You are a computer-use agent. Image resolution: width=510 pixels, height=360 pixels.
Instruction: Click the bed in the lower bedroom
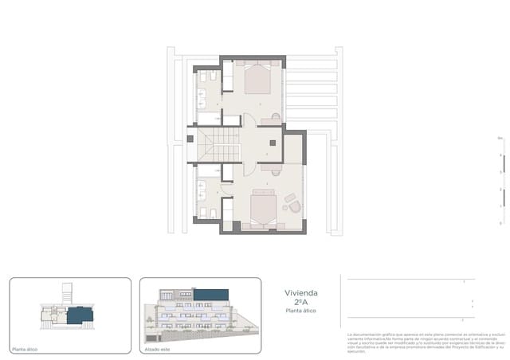tap(263, 210)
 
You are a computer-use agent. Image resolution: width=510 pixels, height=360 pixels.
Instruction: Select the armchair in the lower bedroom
tap(294, 205)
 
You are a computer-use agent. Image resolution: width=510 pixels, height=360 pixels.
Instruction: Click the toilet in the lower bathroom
tap(204, 212)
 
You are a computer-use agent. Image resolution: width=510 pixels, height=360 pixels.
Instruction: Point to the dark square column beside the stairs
tap(190, 139)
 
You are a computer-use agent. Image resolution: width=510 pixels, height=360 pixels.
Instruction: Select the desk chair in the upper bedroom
tap(276, 117)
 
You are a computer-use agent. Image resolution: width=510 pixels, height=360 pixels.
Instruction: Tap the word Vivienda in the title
tap(300, 292)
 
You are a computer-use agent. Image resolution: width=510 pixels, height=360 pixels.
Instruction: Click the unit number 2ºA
tap(300, 302)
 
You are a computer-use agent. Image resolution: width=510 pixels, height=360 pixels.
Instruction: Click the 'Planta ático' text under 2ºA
tap(300, 311)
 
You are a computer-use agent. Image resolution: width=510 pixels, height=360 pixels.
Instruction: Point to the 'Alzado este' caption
tap(156, 349)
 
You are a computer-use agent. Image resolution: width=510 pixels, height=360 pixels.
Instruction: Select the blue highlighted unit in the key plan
tap(79, 315)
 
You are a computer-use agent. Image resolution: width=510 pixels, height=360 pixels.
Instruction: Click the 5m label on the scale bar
tap(500, 138)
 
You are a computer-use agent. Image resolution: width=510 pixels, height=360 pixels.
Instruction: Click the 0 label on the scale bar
tap(500, 223)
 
